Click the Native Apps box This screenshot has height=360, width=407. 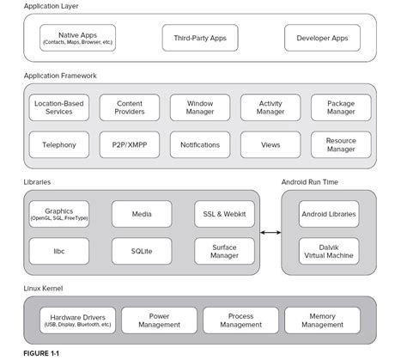click(76, 38)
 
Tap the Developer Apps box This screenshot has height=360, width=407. click(322, 38)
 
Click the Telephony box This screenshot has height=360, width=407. click(58, 145)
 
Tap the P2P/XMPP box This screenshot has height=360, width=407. click(129, 145)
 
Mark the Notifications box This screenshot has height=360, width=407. click(199, 145)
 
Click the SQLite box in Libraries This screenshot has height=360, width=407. click(142, 251)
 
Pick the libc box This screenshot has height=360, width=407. click(58, 251)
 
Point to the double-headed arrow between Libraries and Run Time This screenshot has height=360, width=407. click(270, 232)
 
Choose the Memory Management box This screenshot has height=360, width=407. click(322, 320)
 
